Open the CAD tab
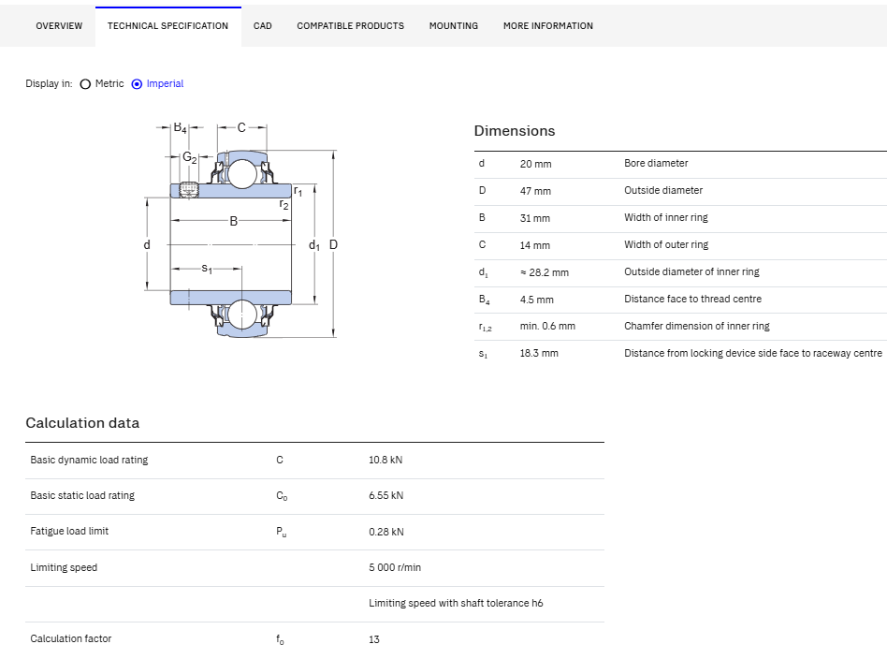click(263, 26)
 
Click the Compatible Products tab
click(350, 26)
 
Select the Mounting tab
click(453, 26)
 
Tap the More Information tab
click(548, 26)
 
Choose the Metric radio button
click(85, 84)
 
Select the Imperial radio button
click(137, 84)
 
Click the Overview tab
click(59, 26)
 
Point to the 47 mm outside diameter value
click(535, 191)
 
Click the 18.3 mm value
click(539, 353)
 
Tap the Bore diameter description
click(656, 163)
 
